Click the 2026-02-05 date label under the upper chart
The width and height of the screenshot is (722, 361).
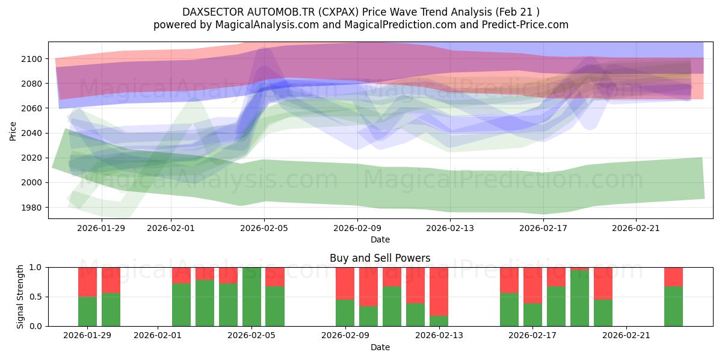264,228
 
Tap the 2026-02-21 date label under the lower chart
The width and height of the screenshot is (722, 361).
626,335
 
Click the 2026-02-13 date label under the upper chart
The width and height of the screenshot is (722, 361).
450,228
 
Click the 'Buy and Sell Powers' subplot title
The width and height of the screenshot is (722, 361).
380,258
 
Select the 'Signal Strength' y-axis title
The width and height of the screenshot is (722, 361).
20,297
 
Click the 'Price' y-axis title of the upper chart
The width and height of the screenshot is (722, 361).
13,131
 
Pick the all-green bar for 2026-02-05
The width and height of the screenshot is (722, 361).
251,297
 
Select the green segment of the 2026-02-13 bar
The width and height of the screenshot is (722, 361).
439,321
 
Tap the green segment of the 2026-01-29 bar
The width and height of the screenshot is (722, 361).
88,311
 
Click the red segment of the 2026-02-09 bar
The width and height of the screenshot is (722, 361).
345,283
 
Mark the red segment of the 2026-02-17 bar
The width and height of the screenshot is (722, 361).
533,285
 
